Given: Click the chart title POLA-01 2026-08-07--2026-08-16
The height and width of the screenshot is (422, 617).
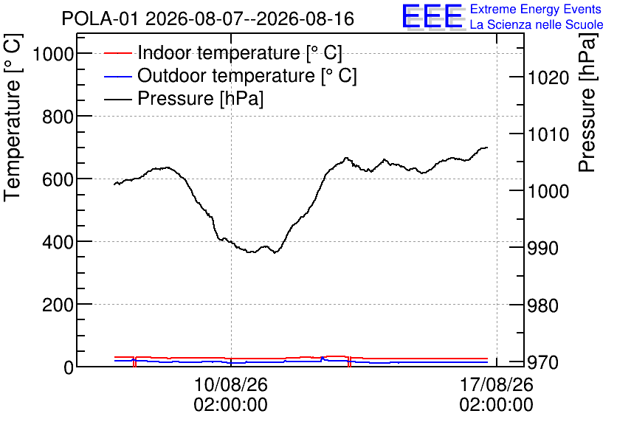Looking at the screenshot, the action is click(x=208, y=19).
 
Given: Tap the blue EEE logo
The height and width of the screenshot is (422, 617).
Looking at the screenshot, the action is click(x=432, y=16).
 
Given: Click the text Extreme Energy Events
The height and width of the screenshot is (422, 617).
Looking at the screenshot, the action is click(x=536, y=9).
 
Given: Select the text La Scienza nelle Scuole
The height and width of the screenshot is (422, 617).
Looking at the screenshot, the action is click(x=537, y=25).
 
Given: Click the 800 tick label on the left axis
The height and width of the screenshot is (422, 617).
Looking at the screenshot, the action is click(x=58, y=117).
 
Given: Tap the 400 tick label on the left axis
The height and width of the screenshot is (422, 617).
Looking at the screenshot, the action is click(x=58, y=242).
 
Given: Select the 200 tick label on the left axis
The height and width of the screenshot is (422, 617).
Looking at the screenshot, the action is click(x=58, y=305).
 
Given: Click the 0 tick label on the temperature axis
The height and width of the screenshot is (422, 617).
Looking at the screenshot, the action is click(x=69, y=367).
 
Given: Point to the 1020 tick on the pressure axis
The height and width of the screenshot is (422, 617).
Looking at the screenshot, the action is click(x=548, y=78).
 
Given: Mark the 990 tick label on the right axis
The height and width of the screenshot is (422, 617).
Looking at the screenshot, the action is click(x=543, y=248).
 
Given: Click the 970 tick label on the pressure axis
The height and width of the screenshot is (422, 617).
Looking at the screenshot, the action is click(x=543, y=362).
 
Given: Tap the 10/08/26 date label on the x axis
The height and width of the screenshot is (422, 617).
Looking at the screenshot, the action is click(x=230, y=384).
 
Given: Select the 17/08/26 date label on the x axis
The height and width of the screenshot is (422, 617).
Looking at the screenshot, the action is click(x=496, y=384).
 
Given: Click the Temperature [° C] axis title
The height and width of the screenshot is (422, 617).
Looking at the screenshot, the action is click(x=13, y=117).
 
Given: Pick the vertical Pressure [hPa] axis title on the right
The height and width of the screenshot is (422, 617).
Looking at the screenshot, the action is click(x=587, y=103).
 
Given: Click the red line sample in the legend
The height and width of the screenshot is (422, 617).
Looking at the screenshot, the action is click(x=117, y=53).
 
